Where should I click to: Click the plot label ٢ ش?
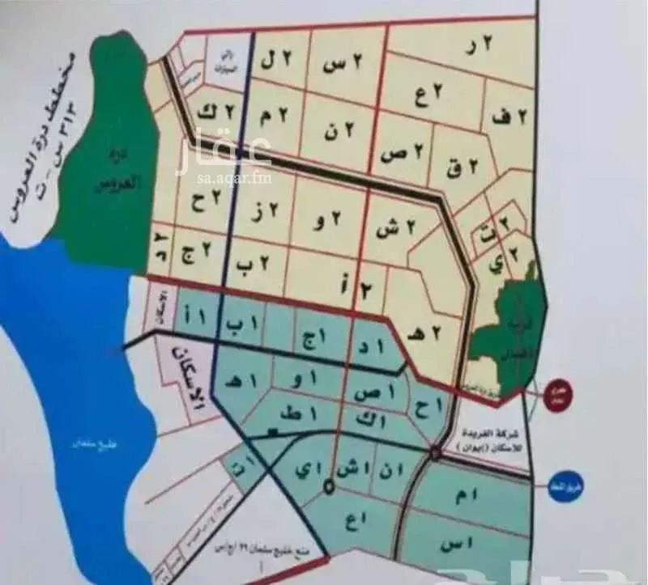[x=396, y=230]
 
